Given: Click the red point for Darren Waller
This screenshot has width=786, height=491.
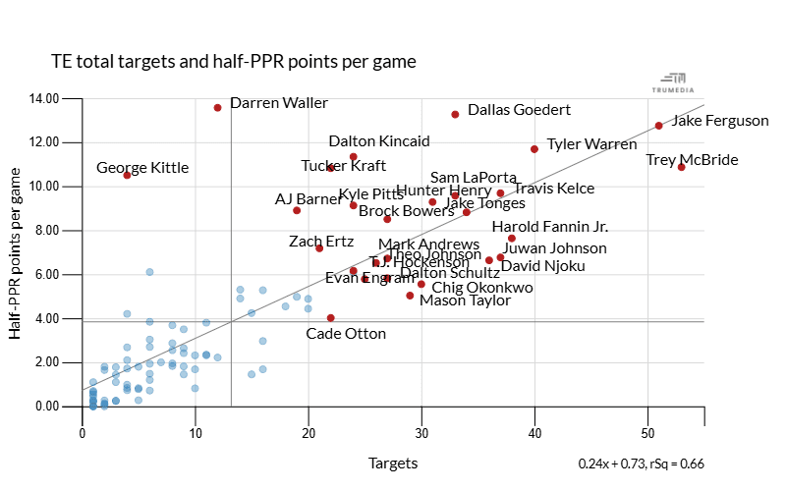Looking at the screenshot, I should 217,107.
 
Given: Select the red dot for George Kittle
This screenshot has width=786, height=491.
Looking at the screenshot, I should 127,175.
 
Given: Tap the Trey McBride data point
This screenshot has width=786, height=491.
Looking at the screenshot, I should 681,167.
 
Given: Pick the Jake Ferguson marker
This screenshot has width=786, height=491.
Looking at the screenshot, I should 658,126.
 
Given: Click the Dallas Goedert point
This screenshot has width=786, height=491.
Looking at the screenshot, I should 455,114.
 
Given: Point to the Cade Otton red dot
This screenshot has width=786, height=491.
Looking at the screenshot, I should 330,317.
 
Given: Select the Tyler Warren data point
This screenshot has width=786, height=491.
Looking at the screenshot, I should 534,149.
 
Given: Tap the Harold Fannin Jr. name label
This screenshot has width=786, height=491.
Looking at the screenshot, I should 549,227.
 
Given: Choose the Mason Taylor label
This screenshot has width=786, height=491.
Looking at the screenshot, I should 465,300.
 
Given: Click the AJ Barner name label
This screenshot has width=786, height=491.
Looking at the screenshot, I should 309,199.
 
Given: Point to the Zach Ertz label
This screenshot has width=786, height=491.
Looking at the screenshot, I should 322,242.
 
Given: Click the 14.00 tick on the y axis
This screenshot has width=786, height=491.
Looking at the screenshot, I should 45,98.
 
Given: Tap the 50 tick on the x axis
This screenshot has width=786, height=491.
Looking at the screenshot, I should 647,432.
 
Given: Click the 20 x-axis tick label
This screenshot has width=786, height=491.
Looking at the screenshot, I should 309,432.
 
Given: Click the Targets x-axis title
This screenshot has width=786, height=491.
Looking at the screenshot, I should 393,464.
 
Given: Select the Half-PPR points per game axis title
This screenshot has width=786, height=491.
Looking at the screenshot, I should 17,253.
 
